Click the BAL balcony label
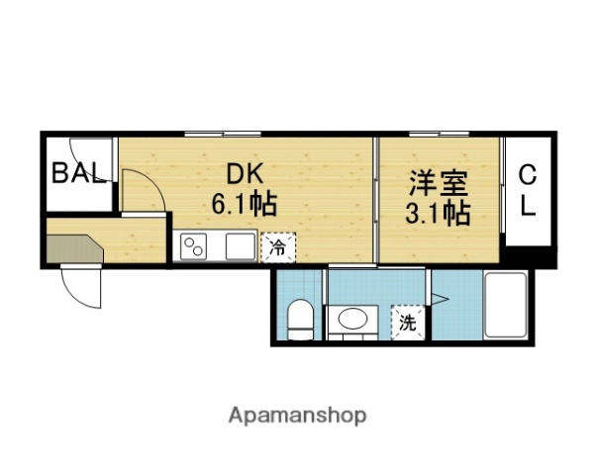click(78, 174)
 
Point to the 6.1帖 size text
click(243, 205)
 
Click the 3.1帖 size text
click(439, 212)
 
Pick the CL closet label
click(528, 192)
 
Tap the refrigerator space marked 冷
click(277, 247)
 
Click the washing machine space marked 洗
click(407, 321)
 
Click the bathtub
click(508, 306)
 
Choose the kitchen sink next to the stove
click(240, 245)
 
